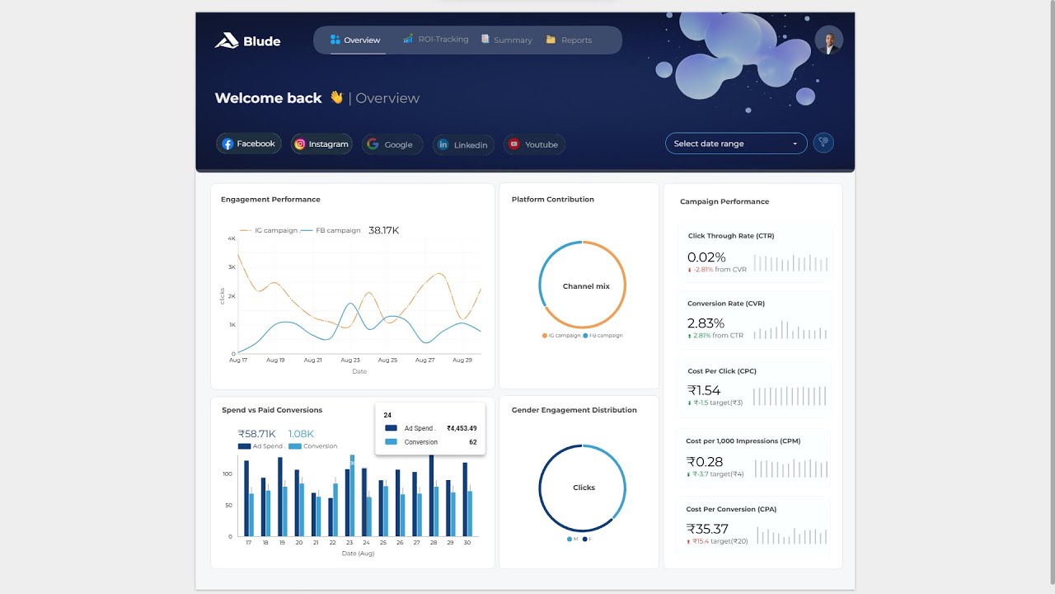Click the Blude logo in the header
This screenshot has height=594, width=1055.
click(247, 40)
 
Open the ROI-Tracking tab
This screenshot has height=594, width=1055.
click(436, 40)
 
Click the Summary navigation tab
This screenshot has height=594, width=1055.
click(507, 40)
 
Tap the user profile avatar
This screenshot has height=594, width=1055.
click(828, 40)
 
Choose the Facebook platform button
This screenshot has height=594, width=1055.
click(249, 144)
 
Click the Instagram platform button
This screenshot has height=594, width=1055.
click(321, 144)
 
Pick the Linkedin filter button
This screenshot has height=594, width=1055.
click(463, 144)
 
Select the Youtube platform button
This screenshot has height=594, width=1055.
click(534, 144)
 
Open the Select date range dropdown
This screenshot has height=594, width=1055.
click(736, 144)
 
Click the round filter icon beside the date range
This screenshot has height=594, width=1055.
click(823, 143)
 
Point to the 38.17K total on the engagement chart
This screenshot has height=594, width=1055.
click(383, 230)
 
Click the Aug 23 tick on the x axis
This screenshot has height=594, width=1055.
click(350, 361)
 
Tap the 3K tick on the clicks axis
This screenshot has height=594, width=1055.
click(232, 267)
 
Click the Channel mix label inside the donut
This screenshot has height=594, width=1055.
click(586, 286)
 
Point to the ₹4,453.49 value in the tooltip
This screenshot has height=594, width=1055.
click(462, 428)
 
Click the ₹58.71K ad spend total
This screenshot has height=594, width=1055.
click(256, 434)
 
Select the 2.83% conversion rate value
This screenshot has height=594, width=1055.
click(706, 323)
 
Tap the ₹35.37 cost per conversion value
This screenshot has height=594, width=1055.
click(707, 529)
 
